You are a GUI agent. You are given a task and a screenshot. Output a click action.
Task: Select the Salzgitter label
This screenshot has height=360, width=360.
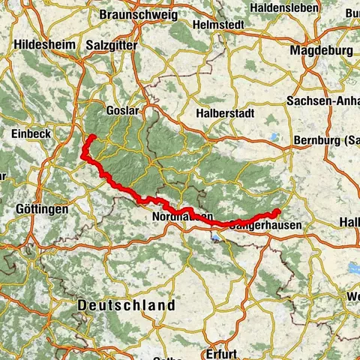pyautogui.click(x=111, y=45)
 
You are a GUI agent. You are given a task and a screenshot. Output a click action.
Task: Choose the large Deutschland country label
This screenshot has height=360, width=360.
pyautogui.click(x=127, y=305)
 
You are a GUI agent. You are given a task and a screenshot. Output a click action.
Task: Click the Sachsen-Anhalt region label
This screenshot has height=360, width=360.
pyautogui.click(x=322, y=100)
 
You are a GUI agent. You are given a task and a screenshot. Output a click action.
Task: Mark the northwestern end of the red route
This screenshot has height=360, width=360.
pyautogui.click(x=89, y=137)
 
